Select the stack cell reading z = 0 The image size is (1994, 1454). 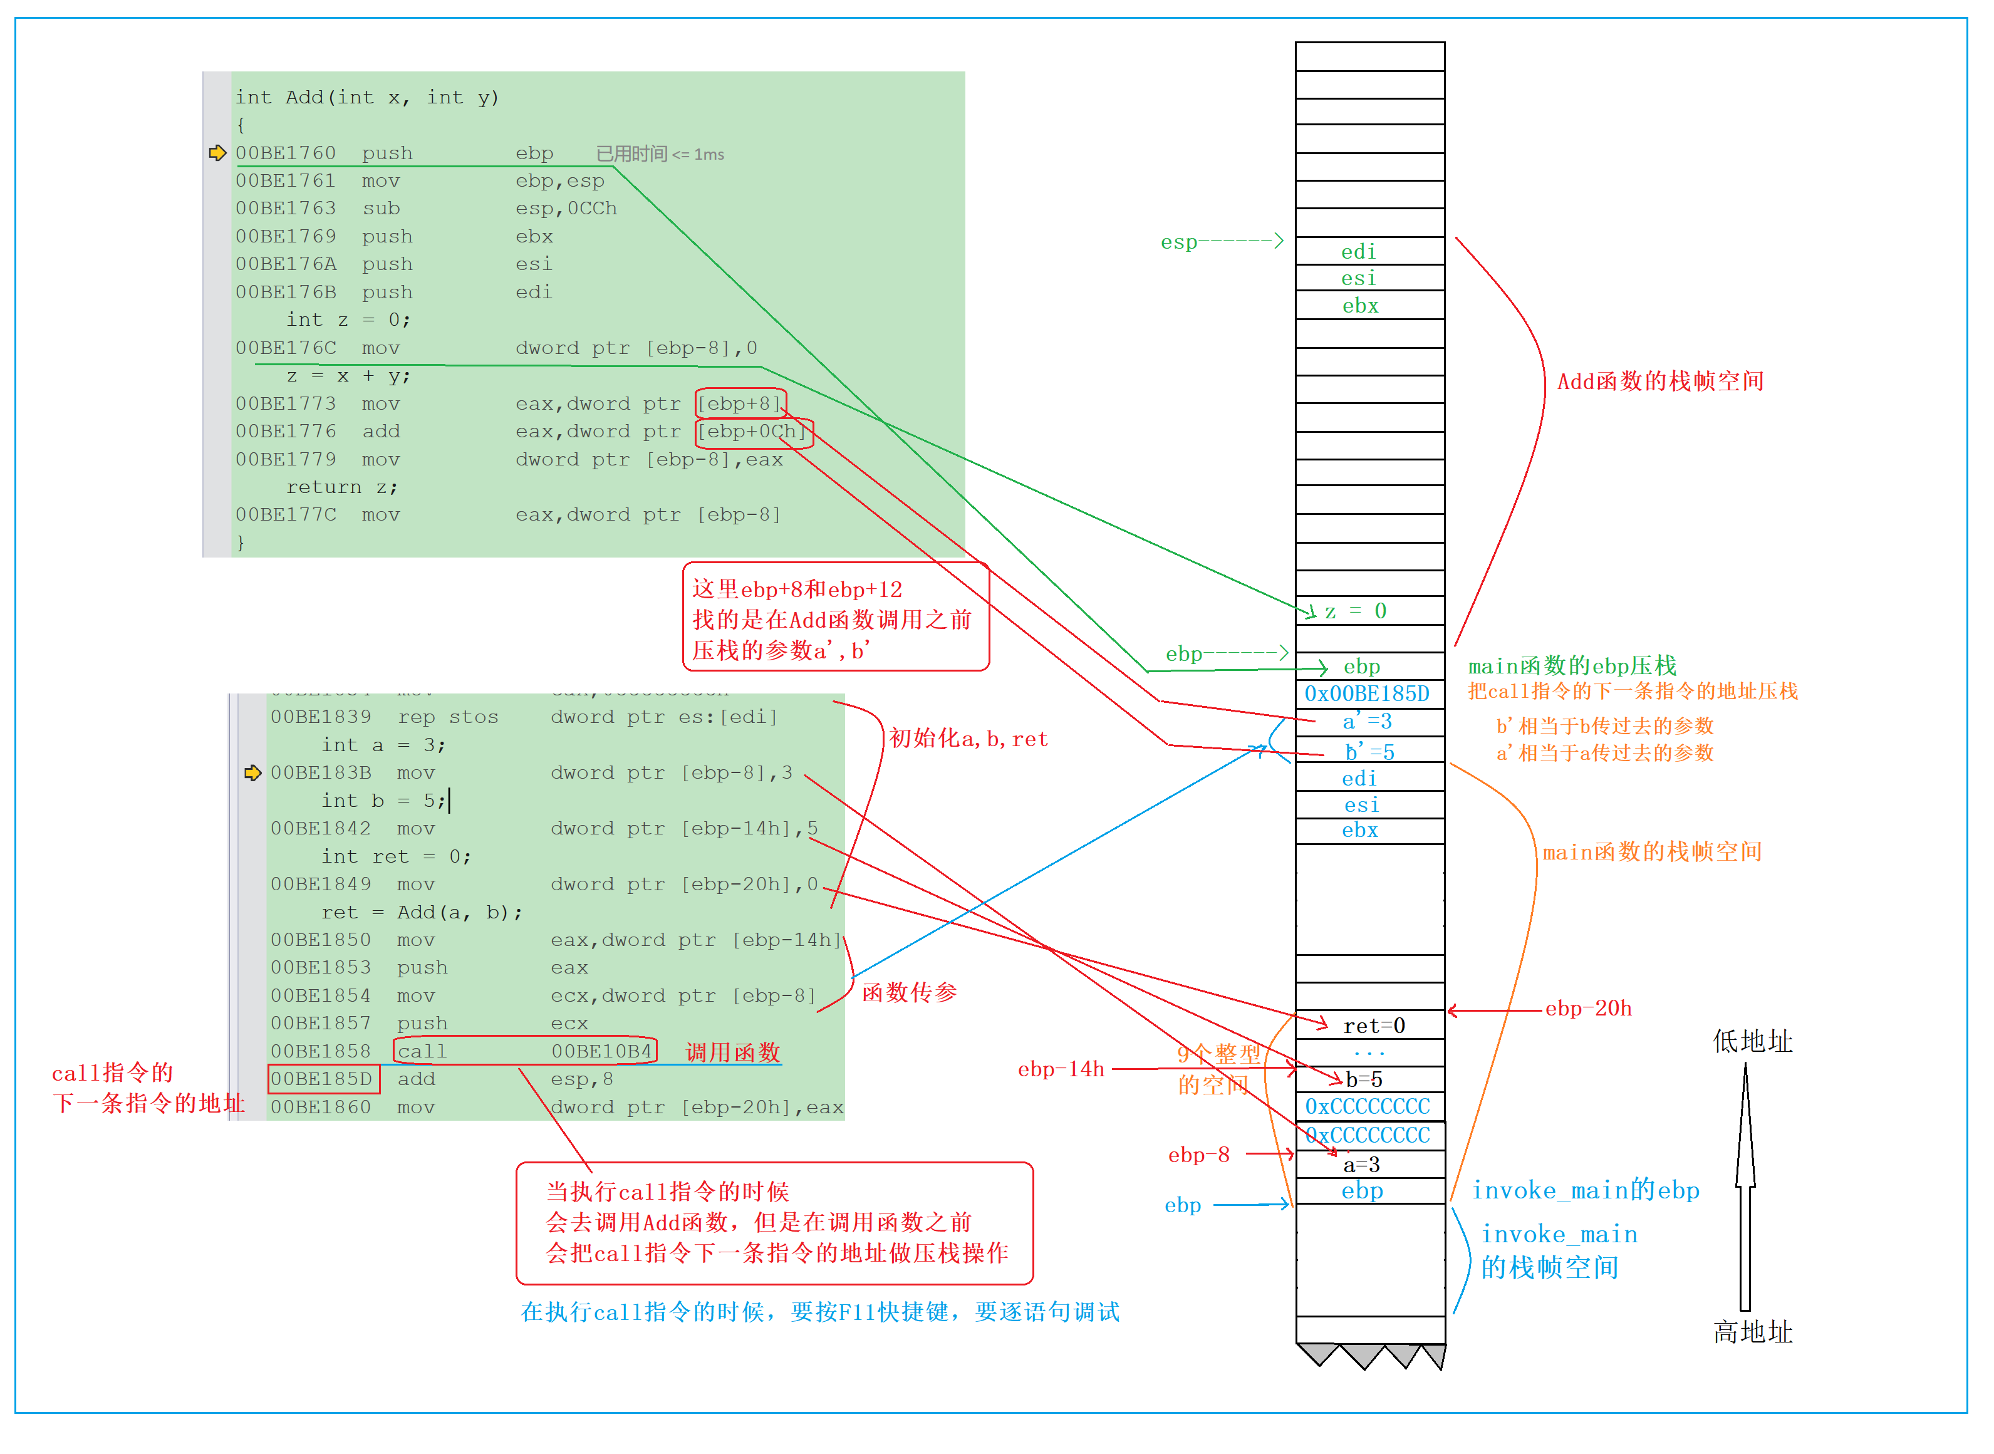pos(1370,611)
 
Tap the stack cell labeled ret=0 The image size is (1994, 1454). pos(1370,1026)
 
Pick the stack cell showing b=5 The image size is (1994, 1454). pos(1370,1080)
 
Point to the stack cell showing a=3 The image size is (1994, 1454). pos(1370,1165)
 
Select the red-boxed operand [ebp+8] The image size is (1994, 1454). pos(740,404)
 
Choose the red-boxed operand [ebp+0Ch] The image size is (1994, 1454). pos(754,432)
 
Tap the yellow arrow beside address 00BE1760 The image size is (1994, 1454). pos(217,153)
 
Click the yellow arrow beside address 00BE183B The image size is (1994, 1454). pos(252,774)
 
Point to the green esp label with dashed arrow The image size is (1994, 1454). pos(1222,242)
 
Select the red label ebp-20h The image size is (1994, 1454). pos(1588,1009)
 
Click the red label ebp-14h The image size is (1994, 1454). pos(1061,1069)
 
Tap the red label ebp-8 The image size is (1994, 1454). pos(1198,1155)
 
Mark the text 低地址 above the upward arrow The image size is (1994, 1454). pos(1753,1042)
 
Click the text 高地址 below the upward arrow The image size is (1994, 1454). pos(1753,1332)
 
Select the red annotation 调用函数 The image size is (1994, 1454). pos(733,1052)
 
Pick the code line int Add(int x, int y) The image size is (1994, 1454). pos(367,98)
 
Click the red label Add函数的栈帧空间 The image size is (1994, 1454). pos(1661,381)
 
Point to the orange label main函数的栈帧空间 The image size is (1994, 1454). pos(1652,852)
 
